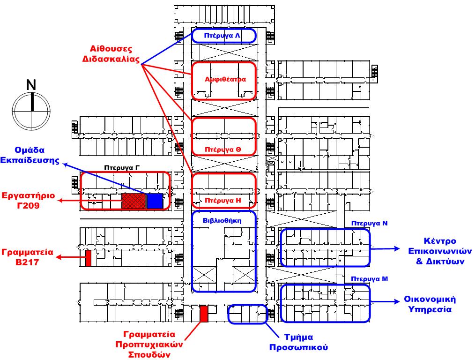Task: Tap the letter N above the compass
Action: pos(31,85)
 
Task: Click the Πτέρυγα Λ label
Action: pos(223,36)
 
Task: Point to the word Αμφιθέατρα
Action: pos(225,79)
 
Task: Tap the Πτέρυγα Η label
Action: pos(223,200)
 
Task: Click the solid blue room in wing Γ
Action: pos(155,201)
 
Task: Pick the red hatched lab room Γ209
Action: pos(134,201)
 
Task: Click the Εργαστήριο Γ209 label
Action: pos(28,200)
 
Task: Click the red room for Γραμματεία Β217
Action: pos(88,258)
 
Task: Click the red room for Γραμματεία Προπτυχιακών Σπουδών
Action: pos(203,314)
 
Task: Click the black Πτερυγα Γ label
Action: pos(122,166)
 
